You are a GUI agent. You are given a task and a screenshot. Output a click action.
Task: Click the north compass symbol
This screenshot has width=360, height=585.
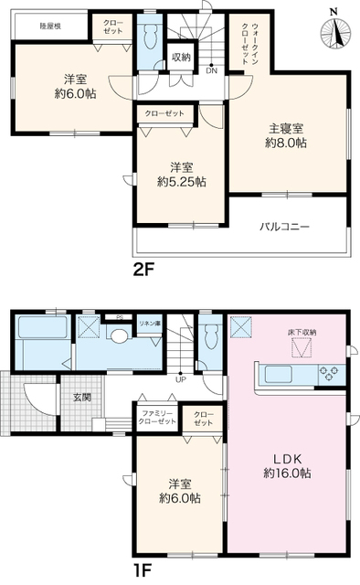tap(335, 33)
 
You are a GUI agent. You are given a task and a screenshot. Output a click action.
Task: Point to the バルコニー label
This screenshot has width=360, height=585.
tap(284, 225)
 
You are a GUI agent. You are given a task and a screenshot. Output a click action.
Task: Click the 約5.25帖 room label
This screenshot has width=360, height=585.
tap(180, 175)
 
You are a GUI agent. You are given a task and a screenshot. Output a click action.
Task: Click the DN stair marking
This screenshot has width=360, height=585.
tap(211, 70)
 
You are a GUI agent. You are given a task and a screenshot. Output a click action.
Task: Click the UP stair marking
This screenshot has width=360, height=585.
tap(180, 380)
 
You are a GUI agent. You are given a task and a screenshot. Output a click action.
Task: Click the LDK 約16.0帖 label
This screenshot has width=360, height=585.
tap(286, 465)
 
